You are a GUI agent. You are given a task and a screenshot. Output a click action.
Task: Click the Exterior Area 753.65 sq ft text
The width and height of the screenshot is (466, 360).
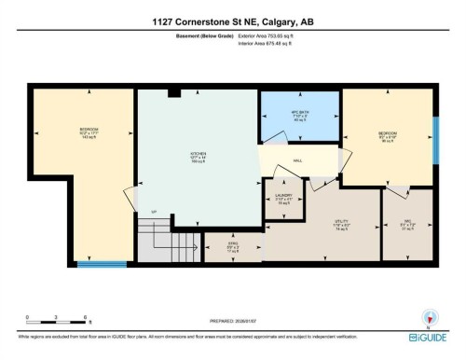point(272,36)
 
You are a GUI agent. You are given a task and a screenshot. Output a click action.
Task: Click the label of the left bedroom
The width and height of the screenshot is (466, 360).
point(89,132)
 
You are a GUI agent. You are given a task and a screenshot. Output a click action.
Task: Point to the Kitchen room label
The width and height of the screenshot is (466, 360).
point(198,156)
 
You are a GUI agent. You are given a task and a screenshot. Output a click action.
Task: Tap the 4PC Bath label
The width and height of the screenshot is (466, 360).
point(287,116)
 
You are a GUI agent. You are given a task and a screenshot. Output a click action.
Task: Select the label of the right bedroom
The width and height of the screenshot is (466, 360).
point(388,137)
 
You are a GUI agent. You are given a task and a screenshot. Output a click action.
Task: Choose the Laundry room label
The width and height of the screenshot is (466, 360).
point(283,199)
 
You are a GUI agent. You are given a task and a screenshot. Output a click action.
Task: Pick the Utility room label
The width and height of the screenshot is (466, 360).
point(342,225)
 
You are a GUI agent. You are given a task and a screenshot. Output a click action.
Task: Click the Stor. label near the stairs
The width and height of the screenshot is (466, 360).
point(233,248)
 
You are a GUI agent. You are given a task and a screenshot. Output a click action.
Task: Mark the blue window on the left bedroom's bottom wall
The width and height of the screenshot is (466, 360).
point(102,264)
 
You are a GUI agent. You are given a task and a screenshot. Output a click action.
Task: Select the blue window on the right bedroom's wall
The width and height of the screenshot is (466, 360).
point(436,141)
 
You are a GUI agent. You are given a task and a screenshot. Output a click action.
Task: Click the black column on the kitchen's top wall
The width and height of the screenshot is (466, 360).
point(173,92)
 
